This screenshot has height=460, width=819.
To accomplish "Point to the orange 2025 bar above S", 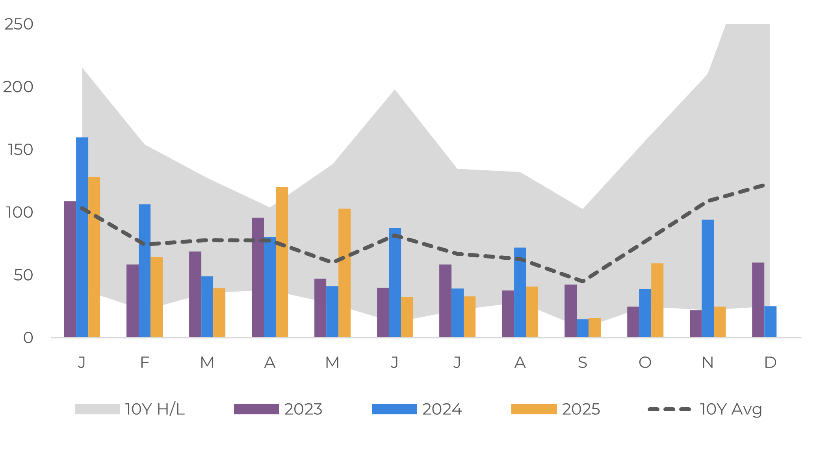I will click(594, 328).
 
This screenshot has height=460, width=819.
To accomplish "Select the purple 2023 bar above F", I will click(132, 301).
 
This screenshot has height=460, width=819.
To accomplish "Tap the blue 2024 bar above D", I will click(770, 322).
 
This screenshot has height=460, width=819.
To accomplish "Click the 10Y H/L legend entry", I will click(130, 409).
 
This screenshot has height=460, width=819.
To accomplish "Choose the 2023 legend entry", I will click(278, 409).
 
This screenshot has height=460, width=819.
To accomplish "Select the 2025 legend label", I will click(581, 409).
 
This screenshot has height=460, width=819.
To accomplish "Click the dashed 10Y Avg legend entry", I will click(705, 409).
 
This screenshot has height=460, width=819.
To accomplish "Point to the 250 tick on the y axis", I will click(19, 24).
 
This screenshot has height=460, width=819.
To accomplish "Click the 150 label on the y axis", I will click(20, 150).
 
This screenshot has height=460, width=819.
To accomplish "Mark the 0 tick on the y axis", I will click(28, 338).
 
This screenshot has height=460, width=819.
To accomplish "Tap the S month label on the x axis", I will click(582, 362).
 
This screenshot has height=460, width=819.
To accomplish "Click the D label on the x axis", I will click(770, 362).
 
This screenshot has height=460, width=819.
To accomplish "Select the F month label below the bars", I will click(145, 362).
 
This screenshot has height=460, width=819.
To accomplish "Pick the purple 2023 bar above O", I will click(633, 322).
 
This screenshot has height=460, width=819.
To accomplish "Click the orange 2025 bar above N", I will click(719, 322).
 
